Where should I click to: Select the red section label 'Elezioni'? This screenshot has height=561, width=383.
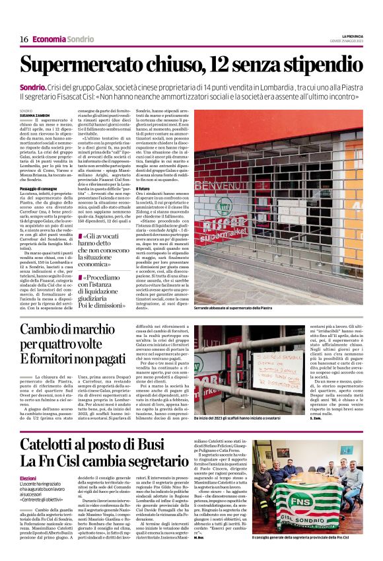pyautogui.click(x=28, y=478)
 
